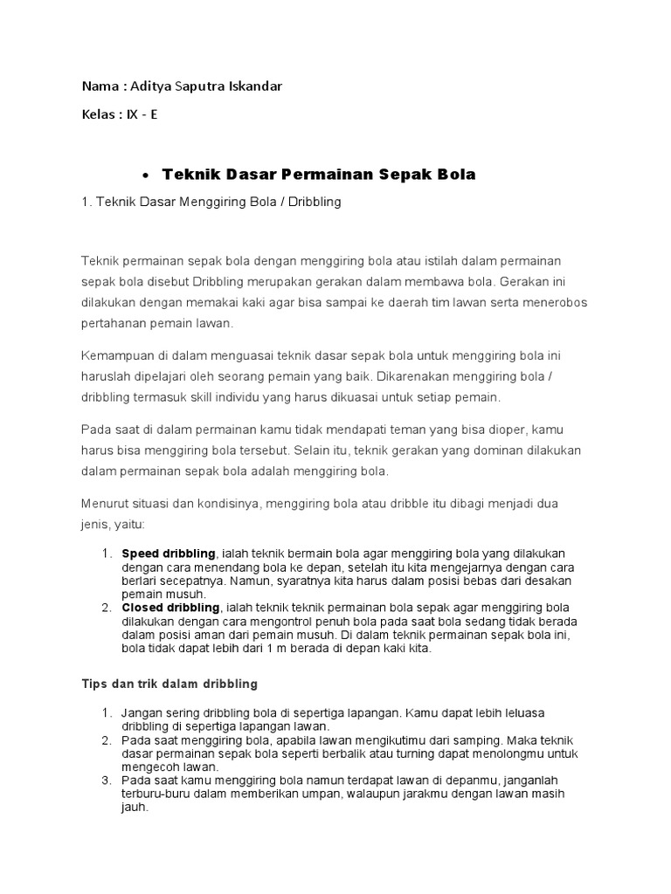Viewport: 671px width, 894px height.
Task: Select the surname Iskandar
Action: [257, 86]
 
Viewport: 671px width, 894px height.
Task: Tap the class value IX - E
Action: [142, 114]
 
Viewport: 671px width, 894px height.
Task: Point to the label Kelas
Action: [98, 114]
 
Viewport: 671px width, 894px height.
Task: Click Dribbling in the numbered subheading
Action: [310, 203]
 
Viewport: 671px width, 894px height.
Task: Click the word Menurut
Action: [106, 505]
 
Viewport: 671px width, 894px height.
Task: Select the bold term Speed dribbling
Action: [169, 554]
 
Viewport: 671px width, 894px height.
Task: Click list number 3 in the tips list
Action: [107, 780]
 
